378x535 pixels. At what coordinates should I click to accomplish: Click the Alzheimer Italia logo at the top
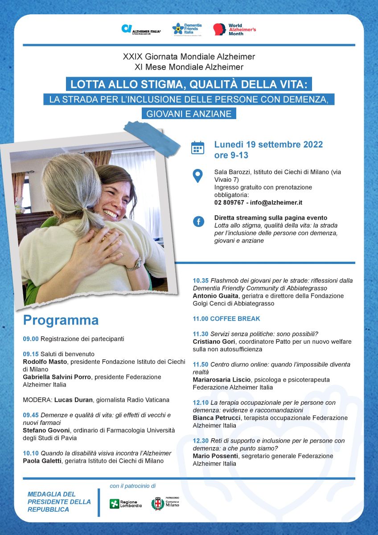pyautogui.click(x=141, y=29)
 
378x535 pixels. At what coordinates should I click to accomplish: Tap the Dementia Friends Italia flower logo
pyautogui.click(x=178, y=29)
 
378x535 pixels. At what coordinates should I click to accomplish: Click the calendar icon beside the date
pyautogui.click(x=197, y=148)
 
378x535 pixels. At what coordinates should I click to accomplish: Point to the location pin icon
pyautogui.click(x=197, y=176)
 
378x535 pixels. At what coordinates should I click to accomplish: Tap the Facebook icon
pyautogui.click(x=198, y=221)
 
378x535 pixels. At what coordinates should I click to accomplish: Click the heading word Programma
pyautogui.click(x=61, y=321)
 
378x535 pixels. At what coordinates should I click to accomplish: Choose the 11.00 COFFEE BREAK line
pyautogui.click(x=226, y=319)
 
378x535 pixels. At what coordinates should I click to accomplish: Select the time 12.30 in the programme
pyautogui.click(x=200, y=441)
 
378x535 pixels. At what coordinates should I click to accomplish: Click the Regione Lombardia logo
pyautogui.click(x=126, y=504)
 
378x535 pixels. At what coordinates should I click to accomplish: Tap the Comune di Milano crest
pyautogui.click(x=157, y=504)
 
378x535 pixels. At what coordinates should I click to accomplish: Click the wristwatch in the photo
pyautogui.click(x=134, y=264)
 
